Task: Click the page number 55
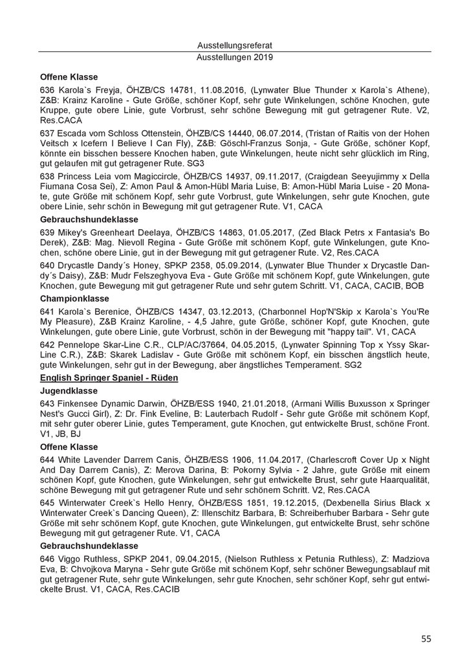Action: (x=426, y=638)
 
